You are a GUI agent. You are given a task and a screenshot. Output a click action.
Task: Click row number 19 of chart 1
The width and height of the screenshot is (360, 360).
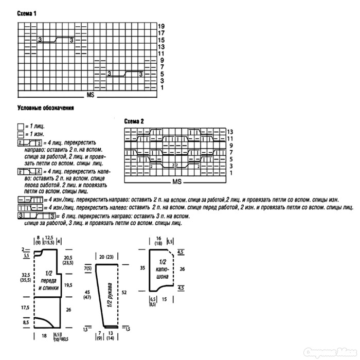(x=161, y=26)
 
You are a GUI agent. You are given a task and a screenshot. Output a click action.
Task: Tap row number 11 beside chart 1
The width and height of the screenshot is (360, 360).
(x=161, y=53)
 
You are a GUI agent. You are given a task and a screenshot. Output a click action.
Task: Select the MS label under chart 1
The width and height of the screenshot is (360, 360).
(x=91, y=96)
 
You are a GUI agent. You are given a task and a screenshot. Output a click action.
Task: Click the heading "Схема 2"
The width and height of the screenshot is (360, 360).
(x=134, y=121)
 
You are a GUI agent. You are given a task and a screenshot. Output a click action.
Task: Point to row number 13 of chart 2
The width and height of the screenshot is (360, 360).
(x=230, y=132)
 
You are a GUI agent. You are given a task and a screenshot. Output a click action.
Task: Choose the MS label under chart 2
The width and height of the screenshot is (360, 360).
(x=177, y=182)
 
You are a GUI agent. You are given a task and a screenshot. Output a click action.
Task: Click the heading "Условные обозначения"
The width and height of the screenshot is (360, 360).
(x=46, y=109)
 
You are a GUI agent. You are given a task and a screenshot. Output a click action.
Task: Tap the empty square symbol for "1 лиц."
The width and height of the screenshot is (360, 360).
(x=20, y=126)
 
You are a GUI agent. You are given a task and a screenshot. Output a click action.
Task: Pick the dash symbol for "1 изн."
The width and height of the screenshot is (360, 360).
(x=20, y=134)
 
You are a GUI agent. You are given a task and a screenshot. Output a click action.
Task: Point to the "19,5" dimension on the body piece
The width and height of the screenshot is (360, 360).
(x=68, y=284)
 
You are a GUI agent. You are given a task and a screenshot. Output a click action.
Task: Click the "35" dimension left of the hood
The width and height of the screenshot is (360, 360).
(x=142, y=267)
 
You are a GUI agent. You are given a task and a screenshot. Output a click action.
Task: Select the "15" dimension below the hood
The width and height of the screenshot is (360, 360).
(x=165, y=299)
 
